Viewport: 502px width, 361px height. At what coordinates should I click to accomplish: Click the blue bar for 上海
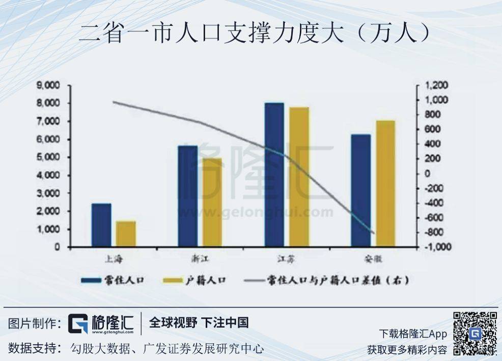(101, 225)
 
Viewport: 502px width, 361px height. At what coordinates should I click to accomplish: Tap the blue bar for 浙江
(188, 196)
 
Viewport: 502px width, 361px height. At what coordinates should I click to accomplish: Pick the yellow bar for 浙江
(212, 202)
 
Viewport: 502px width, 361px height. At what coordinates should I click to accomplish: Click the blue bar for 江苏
(274, 175)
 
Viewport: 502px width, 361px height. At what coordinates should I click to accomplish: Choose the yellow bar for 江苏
(299, 177)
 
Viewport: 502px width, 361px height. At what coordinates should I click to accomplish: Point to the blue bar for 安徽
(361, 190)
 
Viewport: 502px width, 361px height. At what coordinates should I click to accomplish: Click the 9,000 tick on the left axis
(48, 86)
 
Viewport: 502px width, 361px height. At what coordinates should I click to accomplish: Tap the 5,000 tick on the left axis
(48, 157)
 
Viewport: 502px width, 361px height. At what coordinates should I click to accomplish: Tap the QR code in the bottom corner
(475, 333)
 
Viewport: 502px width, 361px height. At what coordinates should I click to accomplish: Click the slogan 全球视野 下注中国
(199, 322)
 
